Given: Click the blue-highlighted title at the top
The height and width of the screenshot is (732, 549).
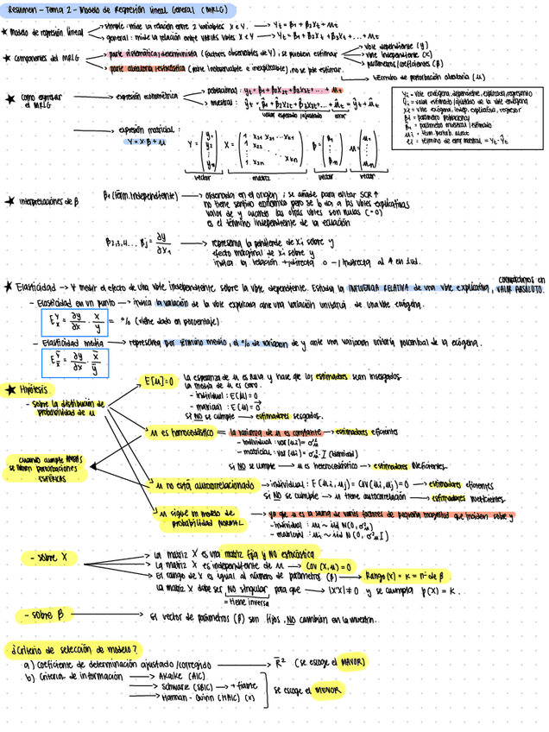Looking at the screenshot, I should [x=119, y=9].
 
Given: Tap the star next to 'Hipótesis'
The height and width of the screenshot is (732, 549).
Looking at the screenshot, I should [x=10, y=390].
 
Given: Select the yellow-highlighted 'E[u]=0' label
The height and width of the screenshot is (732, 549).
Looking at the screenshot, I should [x=159, y=381].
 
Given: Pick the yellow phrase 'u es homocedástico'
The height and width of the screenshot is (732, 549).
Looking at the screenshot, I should [x=180, y=432].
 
